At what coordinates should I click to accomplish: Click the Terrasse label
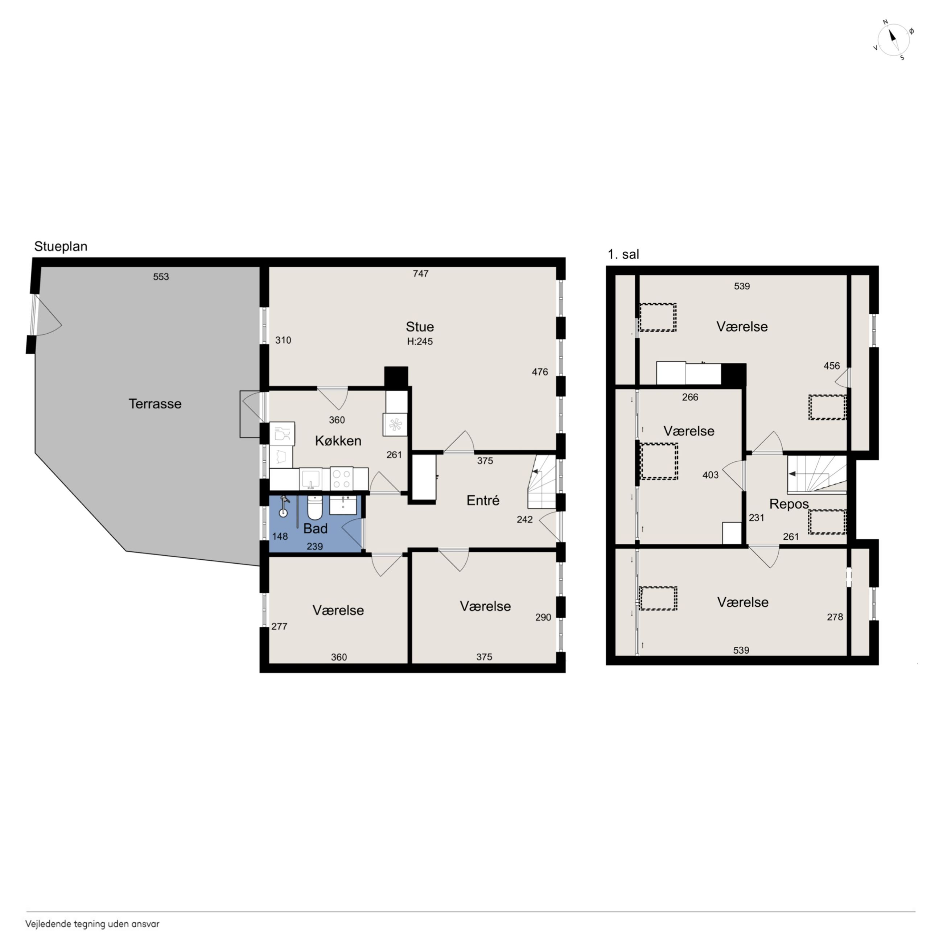(155, 404)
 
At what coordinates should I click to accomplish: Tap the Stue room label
(420, 326)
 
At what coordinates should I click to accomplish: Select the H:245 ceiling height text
(420, 342)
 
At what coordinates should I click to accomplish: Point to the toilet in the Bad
(314, 508)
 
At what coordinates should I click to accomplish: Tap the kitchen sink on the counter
(311, 479)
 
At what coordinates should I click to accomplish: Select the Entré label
(483, 500)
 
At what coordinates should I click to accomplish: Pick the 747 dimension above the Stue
(421, 274)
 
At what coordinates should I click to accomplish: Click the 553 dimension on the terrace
(161, 277)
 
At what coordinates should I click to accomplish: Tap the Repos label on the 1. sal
(789, 504)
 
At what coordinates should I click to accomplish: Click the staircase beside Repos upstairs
(816, 475)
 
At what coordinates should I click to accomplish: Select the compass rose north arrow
(893, 39)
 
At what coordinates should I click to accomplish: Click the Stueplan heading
(61, 247)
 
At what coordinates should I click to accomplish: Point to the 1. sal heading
(623, 254)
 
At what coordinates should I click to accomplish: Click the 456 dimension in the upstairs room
(832, 366)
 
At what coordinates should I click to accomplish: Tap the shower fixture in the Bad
(283, 506)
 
